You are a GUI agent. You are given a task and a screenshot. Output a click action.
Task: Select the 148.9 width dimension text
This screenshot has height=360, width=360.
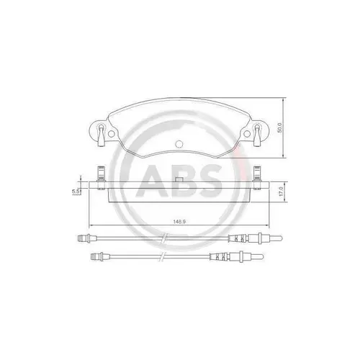pyautogui.click(x=180, y=220)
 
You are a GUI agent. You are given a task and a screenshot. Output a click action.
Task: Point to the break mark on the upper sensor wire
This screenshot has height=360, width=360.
pyautogui.click(x=164, y=238)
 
